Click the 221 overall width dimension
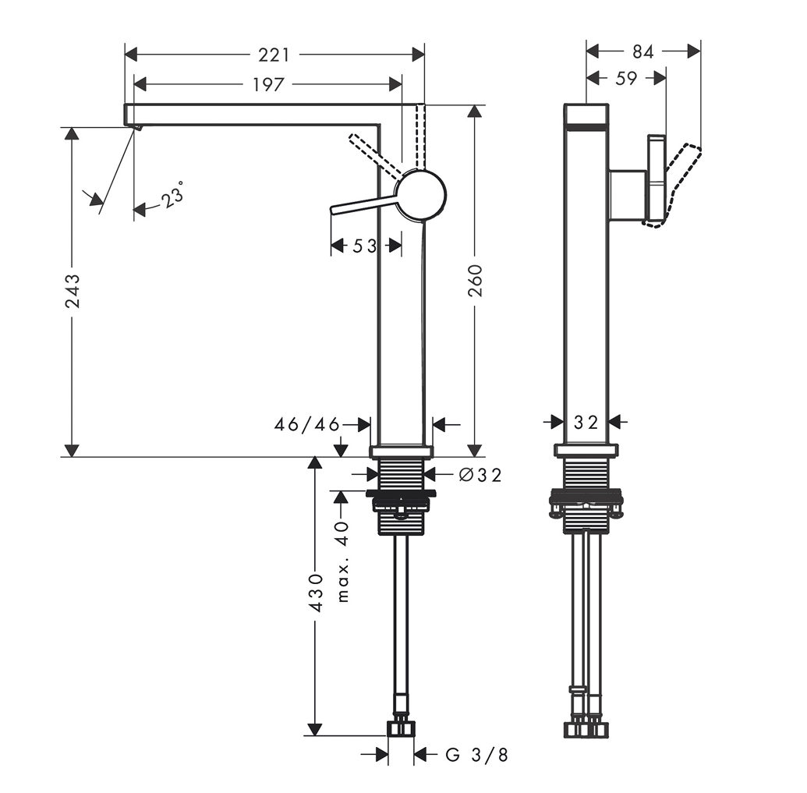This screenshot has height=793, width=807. click(274, 55)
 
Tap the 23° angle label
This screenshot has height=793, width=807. click(173, 194)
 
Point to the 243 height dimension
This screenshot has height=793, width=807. click(72, 290)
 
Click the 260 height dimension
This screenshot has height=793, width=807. click(475, 281)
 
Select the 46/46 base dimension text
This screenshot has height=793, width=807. click(307, 425)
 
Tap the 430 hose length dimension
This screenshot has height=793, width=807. click(314, 593)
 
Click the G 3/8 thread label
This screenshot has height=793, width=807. click(477, 754)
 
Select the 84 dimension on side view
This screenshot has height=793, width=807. click(642, 51)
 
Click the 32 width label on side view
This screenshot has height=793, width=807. click(586, 423)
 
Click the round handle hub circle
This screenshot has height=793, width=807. click(421, 195)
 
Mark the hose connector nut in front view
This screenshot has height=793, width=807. click(401, 728)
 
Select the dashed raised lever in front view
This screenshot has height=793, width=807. click(374, 154)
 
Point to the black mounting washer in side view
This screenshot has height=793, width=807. click(586, 495)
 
